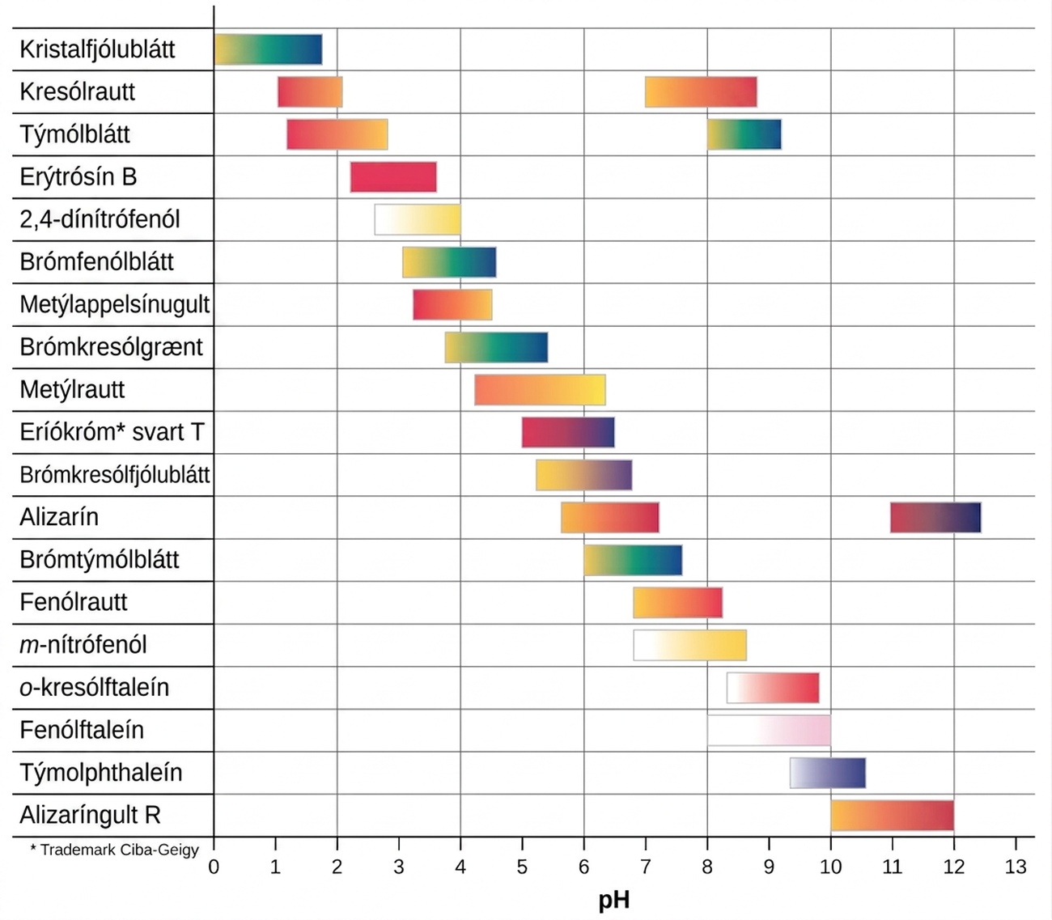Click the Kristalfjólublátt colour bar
click(268, 49)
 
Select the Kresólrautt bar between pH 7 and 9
click(701, 92)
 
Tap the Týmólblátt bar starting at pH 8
click(744, 134)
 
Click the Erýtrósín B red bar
click(393, 177)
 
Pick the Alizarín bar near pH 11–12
click(935, 518)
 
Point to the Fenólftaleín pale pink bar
click(769, 731)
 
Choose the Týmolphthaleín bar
click(827, 773)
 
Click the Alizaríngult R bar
click(892, 815)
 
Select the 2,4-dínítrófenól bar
click(418, 219)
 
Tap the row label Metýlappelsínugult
click(115, 304)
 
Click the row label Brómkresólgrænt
click(111, 347)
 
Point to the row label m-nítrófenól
click(83, 645)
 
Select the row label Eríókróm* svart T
click(112, 432)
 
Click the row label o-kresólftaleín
click(95, 687)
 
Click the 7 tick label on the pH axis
click(645, 867)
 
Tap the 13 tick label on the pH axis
click(1015, 867)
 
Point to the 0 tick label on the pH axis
click(214, 867)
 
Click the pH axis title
click(614, 901)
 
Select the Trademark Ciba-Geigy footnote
click(114, 850)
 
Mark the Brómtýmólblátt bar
click(633, 560)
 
